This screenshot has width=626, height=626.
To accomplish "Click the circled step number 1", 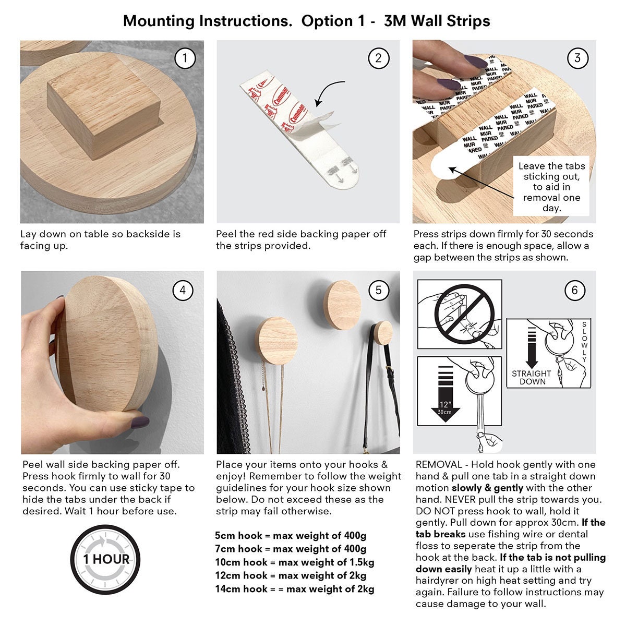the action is tap(185, 58).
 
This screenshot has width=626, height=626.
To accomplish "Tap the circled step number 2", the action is tap(378, 58).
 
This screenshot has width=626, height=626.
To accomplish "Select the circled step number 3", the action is tap(577, 58).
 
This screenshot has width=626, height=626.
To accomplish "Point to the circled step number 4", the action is tap(183, 290).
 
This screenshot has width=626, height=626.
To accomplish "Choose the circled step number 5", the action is tap(379, 290).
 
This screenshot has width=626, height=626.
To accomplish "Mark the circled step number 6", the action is tap(575, 290).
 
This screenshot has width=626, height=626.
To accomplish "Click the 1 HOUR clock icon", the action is tap(105, 559).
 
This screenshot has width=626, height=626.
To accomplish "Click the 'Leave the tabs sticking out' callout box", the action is tap(551, 186).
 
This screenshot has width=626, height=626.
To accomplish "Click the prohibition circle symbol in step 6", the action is tap(465, 314).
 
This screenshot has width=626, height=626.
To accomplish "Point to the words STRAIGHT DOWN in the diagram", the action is tap(532, 378).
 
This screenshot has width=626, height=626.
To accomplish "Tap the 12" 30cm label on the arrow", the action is tap(445, 408).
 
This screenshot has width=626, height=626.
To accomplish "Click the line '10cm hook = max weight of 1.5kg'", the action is tap(295, 562).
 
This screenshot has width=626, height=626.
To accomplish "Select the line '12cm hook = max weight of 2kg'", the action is tap(291, 575).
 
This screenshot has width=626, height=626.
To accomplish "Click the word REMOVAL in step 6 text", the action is tap(439, 465).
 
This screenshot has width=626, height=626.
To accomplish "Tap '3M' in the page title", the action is tap(395, 21).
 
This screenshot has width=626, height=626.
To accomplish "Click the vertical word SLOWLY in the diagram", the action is tap(584, 342).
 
